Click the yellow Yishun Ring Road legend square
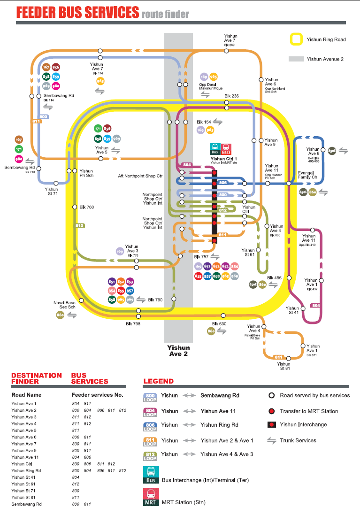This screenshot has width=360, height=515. [297, 39]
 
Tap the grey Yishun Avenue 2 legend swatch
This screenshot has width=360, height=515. [296, 59]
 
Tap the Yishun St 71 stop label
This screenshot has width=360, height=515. [51, 191]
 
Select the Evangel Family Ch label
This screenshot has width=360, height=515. [307, 175]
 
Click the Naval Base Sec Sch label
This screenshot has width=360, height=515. [64, 305]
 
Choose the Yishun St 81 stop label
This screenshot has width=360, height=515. [283, 366]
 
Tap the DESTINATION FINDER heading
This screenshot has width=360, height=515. [36, 378]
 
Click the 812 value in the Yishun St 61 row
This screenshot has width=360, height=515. [75, 484]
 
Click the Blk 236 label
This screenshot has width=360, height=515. [231, 96]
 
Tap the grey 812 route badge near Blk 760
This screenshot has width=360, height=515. [79, 226]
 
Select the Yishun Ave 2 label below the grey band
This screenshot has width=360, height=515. [178, 351]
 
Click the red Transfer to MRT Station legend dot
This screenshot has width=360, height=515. [271, 411]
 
